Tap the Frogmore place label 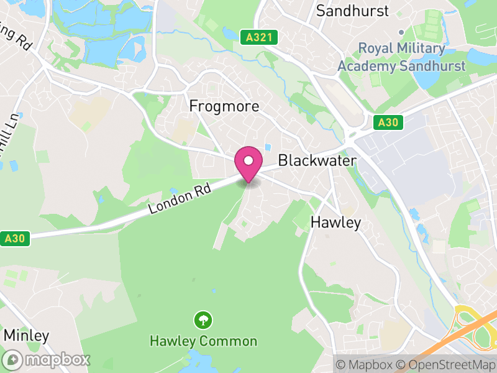(224, 106)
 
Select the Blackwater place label (317, 160)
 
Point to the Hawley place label (335, 223)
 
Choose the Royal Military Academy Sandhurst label (401, 57)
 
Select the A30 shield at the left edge (14, 238)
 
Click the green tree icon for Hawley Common (203, 321)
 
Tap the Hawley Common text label (203, 341)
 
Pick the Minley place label (26, 336)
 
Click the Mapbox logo (47, 360)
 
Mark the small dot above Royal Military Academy (401, 32)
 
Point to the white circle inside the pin (248, 160)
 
